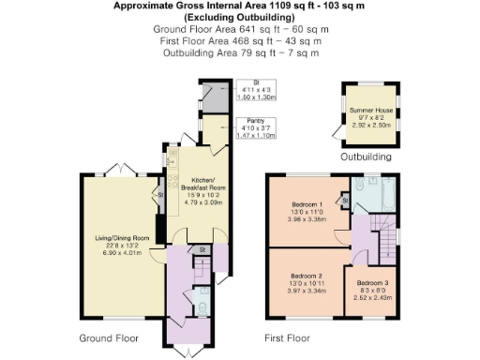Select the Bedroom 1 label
tap(307, 204)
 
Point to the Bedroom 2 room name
tap(307, 277)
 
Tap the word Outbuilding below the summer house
tap(366, 157)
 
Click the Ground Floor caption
tap(110, 337)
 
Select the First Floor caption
tap(287, 337)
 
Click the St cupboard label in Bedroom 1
tap(346, 200)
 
